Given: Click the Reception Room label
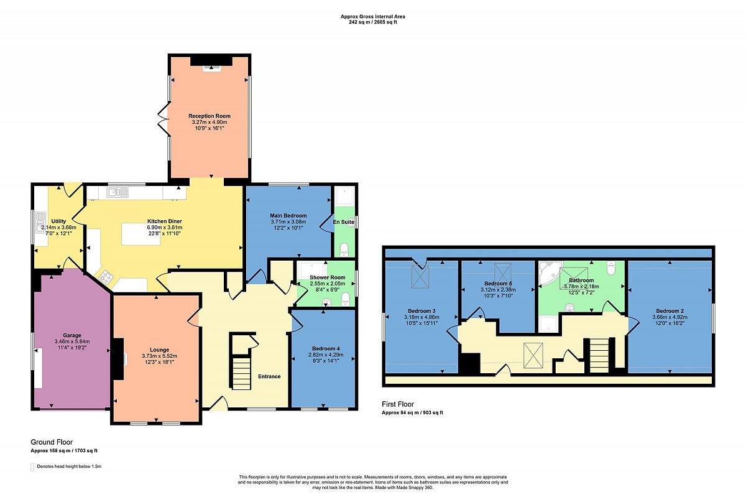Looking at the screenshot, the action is pyautogui.click(x=210, y=116).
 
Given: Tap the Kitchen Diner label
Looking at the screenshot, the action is pyautogui.click(x=165, y=221).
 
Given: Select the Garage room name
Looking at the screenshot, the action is pyautogui.click(x=72, y=335).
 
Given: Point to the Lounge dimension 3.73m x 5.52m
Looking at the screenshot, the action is pyautogui.click(x=159, y=356).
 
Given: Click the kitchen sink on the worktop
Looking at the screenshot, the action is pyautogui.click(x=117, y=192).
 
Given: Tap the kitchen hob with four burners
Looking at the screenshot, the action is pyautogui.click(x=106, y=277).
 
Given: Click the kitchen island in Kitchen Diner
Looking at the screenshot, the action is pyautogui.click(x=140, y=235).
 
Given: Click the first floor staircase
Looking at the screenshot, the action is pyautogui.click(x=599, y=356).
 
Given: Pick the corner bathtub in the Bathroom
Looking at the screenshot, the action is pyautogui.click(x=550, y=272).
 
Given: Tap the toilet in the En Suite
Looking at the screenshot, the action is pyautogui.click(x=344, y=249).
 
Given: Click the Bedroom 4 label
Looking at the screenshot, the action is pyautogui.click(x=326, y=349).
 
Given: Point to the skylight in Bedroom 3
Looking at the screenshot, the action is pyautogui.click(x=420, y=276).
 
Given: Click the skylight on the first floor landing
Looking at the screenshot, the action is pyautogui.click(x=533, y=355).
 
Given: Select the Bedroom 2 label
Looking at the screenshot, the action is pyautogui.click(x=670, y=311).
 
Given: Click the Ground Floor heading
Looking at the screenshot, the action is pyautogui.click(x=52, y=442).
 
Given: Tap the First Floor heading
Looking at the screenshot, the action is pyautogui.click(x=398, y=404).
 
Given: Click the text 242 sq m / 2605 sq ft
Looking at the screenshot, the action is pyautogui.click(x=372, y=22).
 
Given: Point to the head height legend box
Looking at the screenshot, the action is pyautogui.click(x=32, y=467).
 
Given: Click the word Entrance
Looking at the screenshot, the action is pyautogui.click(x=269, y=376).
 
